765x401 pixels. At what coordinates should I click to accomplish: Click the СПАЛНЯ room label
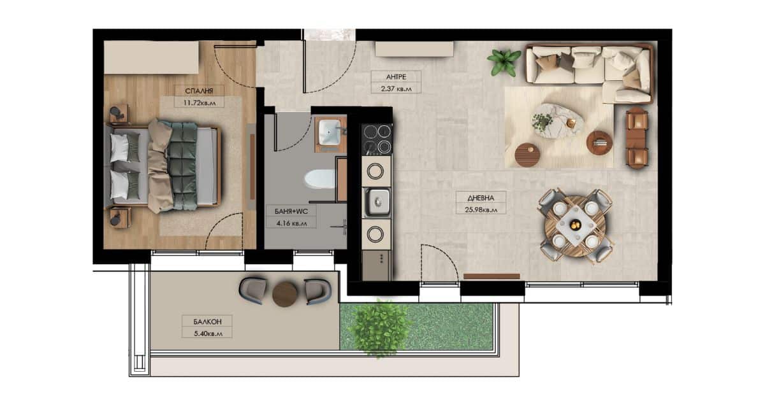[x=199, y=91]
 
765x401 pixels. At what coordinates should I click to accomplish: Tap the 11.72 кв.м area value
[x=200, y=102]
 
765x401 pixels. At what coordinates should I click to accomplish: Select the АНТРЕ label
[x=396, y=77]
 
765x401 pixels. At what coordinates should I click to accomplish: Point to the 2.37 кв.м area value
[x=396, y=88]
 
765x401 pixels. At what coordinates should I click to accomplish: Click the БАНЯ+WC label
[x=291, y=211]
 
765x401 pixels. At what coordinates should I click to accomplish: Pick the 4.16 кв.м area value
[x=291, y=223]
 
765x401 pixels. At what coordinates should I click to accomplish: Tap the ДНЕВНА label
[x=481, y=198]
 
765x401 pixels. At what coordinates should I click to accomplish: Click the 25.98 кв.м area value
[x=481, y=209]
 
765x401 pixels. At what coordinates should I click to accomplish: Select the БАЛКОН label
[x=207, y=321]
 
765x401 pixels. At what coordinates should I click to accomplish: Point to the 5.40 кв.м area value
[x=208, y=334]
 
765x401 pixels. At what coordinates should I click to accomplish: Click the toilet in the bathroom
[x=320, y=178]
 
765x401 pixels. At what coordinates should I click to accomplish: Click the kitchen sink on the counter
[x=377, y=202]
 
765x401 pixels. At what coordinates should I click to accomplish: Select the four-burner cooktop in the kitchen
[x=377, y=139]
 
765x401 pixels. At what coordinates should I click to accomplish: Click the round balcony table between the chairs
[x=285, y=294]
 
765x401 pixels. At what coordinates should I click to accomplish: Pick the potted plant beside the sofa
[x=504, y=62]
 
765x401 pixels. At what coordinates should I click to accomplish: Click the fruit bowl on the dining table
[x=575, y=225]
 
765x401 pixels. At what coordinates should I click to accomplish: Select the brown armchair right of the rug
[x=637, y=138]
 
